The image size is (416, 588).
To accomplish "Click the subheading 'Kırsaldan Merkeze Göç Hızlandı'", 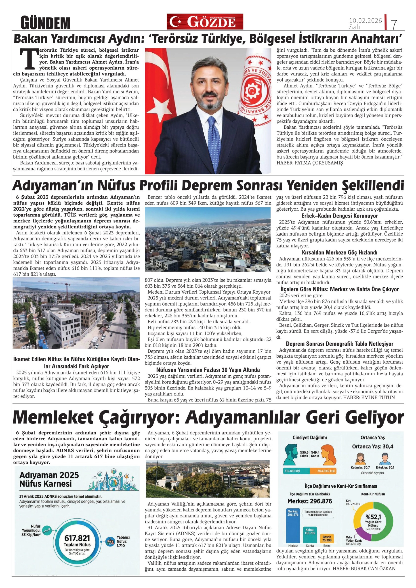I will pos(339,252).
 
